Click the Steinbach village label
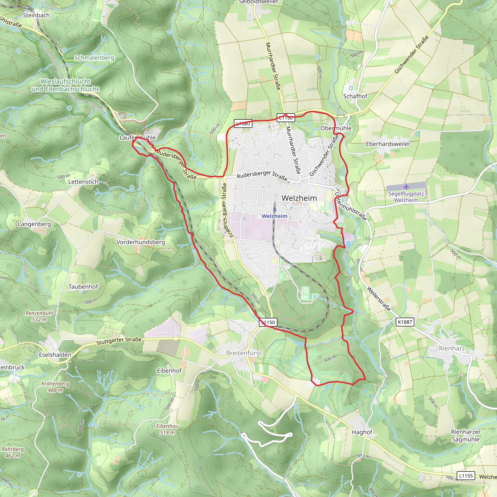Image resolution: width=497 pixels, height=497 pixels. point(36,16)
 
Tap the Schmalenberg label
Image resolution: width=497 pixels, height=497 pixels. point(94,58)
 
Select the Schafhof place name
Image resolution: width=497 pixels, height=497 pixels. point(355,96)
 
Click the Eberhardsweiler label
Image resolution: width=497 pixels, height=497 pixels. point(388,144)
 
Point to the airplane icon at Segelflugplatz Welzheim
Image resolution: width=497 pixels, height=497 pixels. point(406,187)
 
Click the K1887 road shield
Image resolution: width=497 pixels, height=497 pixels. point(405,322)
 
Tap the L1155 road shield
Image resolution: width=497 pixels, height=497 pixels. point(466,476)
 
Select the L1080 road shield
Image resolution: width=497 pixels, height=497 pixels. point(243,124)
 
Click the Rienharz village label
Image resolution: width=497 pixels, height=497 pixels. point(452,348)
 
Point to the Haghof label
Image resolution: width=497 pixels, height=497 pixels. point(362,432)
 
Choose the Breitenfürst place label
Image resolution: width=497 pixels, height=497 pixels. point(244,353)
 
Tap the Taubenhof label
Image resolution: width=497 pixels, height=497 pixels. point(83,287)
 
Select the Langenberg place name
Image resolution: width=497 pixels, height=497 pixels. point(34,224)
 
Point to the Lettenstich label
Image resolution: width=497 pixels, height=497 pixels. point(83,182)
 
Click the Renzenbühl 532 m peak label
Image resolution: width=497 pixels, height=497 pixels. point(39,316)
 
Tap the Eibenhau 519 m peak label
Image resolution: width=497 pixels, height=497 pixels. point(167,429)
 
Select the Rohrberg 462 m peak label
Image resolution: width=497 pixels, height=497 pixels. point(12,452)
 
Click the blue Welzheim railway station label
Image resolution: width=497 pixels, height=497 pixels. point(274,216)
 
